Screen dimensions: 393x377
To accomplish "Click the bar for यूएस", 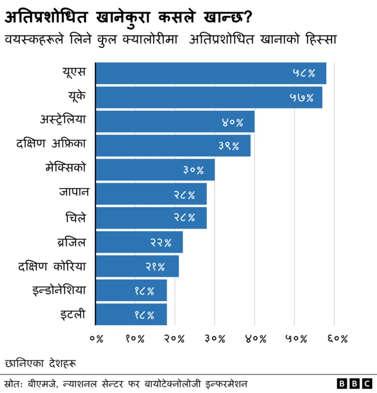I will (x=210, y=73).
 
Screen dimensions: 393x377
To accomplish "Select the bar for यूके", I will (x=209, y=97).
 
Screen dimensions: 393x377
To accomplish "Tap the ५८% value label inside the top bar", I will (x=304, y=74).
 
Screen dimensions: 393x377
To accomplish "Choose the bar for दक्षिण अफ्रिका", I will (x=173, y=146).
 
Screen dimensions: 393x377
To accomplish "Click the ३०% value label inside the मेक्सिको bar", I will (x=193, y=170).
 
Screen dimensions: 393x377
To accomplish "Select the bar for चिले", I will (x=151, y=218).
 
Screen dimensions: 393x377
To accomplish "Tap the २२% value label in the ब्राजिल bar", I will (x=161, y=242).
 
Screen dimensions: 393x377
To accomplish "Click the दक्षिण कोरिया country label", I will (x=52, y=266).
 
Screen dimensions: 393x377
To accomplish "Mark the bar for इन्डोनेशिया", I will (x=131, y=290).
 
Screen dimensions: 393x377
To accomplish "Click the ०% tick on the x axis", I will (x=96, y=339).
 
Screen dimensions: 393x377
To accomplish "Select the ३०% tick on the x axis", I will (x=215, y=339).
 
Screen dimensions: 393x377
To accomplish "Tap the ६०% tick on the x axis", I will (x=335, y=339).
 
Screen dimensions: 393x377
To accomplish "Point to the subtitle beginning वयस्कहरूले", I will (x=170, y=39).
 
